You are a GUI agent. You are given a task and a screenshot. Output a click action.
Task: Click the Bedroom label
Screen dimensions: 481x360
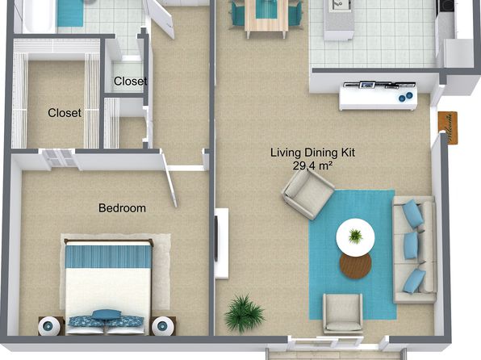pos(122,208)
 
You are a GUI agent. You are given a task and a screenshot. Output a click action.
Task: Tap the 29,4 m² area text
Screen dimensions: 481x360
pos(312,165)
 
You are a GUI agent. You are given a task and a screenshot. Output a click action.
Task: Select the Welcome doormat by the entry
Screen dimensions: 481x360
pos(448,128)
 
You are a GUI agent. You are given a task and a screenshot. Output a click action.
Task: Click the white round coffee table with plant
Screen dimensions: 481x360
pos(355,237)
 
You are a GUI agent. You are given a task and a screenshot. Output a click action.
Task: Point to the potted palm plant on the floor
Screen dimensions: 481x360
pos(245,313)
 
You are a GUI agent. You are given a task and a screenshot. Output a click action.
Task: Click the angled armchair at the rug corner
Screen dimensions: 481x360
pos(307,194)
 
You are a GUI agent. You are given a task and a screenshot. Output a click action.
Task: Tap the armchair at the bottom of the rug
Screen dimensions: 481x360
pos(343,313)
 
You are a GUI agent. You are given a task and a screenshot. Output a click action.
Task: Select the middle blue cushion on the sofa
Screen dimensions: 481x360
pos(411,245)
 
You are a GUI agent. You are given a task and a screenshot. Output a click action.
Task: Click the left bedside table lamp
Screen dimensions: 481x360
pos(49,326)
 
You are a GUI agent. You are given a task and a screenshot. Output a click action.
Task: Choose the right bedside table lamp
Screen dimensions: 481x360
pos(163,326)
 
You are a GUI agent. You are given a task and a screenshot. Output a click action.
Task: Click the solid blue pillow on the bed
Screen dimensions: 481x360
pos(107,315)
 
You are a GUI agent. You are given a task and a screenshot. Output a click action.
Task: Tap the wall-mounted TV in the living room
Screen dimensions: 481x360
pos(216,238)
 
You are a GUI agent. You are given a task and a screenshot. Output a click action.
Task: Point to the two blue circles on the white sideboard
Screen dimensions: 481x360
pos(405,97)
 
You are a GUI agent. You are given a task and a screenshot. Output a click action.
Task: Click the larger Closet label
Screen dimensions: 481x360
pos(65,113)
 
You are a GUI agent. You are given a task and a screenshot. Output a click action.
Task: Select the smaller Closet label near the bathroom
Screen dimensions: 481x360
pos(131,81)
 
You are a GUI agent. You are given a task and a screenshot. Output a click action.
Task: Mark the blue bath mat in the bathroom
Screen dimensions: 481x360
pos(70,13)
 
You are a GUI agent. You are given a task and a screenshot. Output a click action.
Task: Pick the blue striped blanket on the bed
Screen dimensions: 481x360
pos(109,256)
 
